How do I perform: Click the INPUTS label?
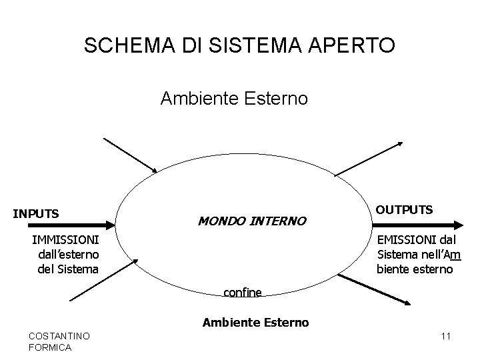pos(37,214)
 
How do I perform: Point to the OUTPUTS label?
pos(405,209)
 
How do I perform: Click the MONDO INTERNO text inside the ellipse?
pos(251,220)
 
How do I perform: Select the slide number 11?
pos(446,336)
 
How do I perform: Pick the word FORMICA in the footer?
pos(51,347)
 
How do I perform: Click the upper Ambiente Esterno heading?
pos(234,99)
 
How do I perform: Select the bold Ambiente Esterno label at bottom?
pos(255,323)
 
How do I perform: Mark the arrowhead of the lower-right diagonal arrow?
pos(407,303)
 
